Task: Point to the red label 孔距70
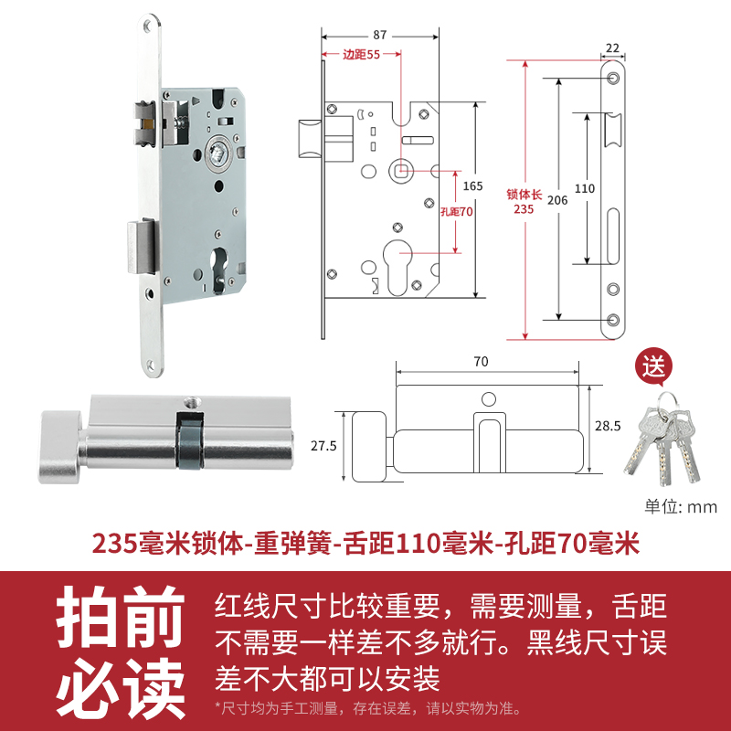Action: pos(453,211)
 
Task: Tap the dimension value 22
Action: pos(612,48)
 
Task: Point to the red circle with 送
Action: pos(653,369)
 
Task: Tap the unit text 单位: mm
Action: pos(681,507)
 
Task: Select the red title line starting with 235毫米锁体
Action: pos(365,544)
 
